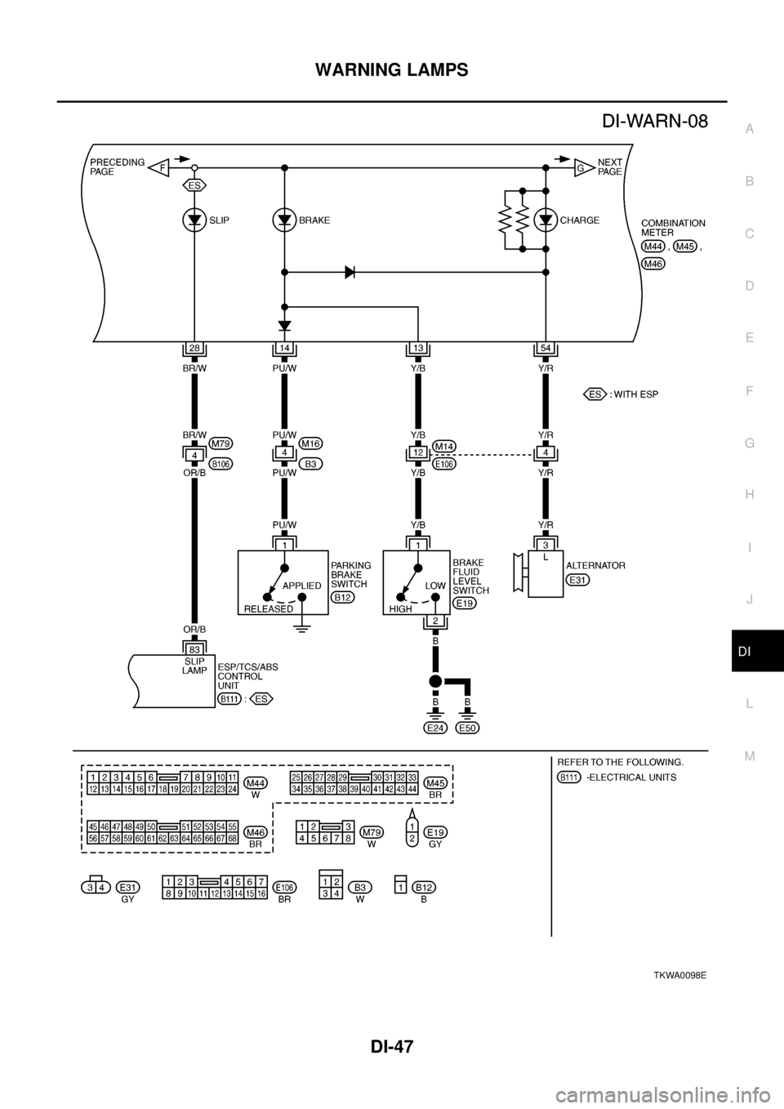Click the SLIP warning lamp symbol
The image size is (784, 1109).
coord(194,220)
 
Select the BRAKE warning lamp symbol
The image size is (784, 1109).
coord(284,220)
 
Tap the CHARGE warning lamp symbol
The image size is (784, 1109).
coord(545,220)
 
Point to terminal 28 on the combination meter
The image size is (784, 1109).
coord(194,349)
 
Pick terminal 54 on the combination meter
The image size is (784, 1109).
coord(545,349)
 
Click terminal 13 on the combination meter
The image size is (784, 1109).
coord(417,349)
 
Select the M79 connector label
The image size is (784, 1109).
coord(220,443)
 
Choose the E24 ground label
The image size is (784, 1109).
coord(435,728)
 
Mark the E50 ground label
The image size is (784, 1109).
coord(467,728)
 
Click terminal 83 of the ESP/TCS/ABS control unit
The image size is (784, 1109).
coord(194,649)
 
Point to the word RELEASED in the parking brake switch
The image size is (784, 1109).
coord(268,608)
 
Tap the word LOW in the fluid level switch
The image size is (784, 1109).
coord(435,586)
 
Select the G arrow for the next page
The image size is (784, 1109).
coord(583,167)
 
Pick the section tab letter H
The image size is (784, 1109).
coord(749,495)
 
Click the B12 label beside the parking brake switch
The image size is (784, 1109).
coord(342,598)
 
